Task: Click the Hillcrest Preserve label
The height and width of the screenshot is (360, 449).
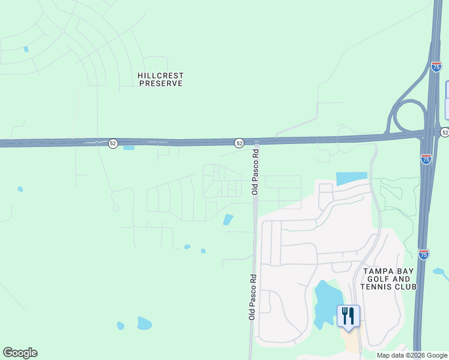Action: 160,80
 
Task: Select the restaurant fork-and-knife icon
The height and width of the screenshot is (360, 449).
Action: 348,316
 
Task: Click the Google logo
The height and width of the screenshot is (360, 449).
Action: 20,353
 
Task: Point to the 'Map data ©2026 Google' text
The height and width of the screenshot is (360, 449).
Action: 412,355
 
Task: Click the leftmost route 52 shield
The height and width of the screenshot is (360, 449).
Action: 113,144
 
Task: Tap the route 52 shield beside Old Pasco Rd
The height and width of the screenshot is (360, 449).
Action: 239,143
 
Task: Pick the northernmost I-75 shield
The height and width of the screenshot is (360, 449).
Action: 436,67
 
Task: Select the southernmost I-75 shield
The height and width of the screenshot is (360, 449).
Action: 424,254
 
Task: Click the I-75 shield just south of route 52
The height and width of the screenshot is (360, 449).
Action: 426,159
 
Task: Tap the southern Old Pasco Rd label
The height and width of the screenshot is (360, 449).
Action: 253,296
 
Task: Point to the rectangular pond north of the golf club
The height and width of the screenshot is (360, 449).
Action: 351,178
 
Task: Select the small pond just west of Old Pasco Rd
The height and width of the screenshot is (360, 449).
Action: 228,220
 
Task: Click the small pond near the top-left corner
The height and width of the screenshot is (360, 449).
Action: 25,49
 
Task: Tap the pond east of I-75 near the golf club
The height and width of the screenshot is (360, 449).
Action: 440,273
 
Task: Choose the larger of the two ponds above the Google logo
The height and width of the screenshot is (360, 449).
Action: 144,323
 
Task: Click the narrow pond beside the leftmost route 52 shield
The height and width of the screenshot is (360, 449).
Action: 128,147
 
